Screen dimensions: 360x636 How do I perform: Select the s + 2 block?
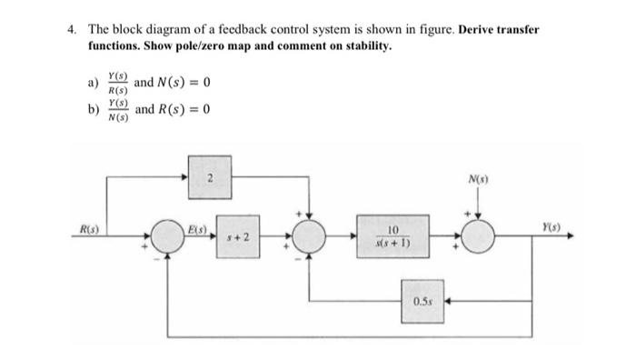pos(238,239)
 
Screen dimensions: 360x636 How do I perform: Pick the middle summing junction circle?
pos(312,239)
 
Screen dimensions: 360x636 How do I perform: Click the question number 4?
pos(72,29)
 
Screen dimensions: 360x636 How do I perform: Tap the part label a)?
pos(92,84)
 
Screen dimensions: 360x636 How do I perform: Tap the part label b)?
pos(92,111)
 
